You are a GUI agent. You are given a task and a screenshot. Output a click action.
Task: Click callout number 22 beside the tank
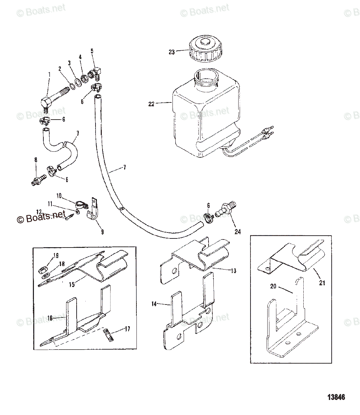click(151, 104)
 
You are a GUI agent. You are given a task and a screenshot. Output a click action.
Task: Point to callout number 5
click(92, 51)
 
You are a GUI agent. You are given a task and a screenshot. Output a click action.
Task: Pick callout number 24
click(238, 231)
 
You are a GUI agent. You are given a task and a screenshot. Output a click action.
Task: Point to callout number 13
click(233, 271)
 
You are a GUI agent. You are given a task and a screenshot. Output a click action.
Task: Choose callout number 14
click(154, 304)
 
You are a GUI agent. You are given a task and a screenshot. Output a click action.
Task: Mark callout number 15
click(71, 285)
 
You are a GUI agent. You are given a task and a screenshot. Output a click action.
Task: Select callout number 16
click(50, 318)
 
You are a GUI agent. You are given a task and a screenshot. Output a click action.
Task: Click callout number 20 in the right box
click(273, 286)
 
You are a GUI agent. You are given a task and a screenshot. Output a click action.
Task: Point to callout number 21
click(322, 282)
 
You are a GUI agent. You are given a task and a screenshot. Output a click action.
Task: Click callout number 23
click(171, 52)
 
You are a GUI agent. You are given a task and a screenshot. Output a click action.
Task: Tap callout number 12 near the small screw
click(39, 212)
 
